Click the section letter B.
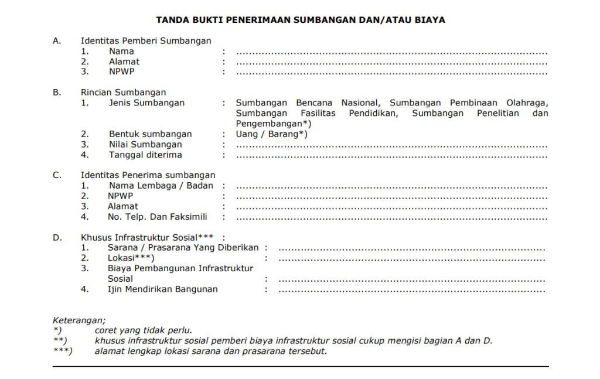tap(57, 93)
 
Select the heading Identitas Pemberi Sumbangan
tap(146, 41)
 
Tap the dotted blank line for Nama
tap(391, 53)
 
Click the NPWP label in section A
tap(121, 72)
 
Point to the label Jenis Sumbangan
tap(146, 103)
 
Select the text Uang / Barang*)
tap(272, 134)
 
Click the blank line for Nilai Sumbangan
tap(391, 146)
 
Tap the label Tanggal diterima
tap(145, 155)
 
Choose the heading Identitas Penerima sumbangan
tap(148, 175)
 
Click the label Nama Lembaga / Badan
tap(161, 186)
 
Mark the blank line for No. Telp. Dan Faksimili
tap(391, 218)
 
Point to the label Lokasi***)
tap(131, 258)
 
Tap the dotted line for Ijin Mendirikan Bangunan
tap(412, 291)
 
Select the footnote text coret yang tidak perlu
tap(144, 330)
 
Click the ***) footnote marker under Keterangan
tap(62, 351)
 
